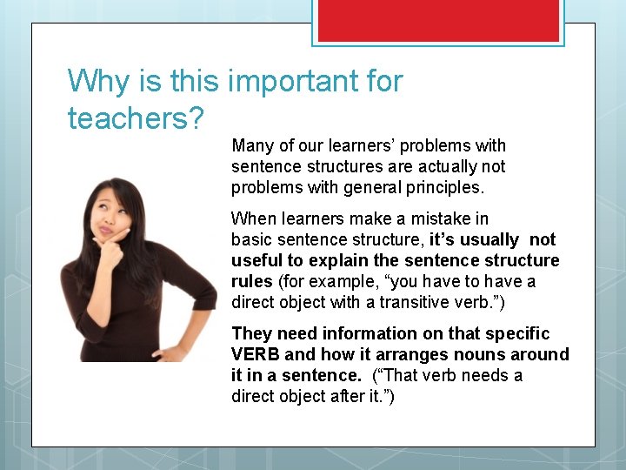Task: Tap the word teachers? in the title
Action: coord(135,117)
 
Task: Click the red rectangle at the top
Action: coord(438,20)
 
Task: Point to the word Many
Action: coord(253,145)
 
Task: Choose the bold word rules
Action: coord(252,281)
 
